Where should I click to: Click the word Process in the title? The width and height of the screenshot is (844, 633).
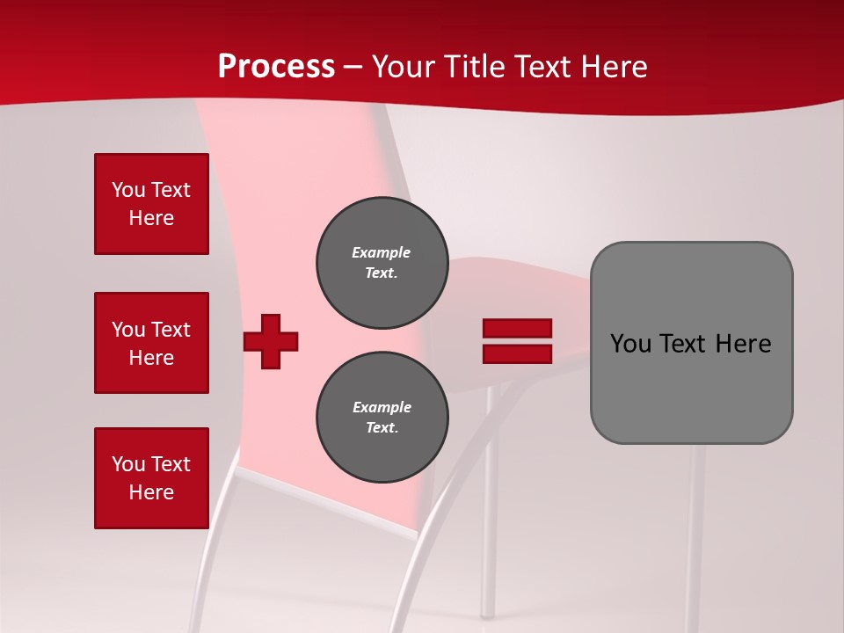[x=276, y=67]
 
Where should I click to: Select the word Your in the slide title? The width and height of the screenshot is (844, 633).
[x=404, y=67]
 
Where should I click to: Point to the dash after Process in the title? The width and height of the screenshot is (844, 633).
[x=353, y=68]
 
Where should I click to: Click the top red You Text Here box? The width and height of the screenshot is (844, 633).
[x=151, y=204]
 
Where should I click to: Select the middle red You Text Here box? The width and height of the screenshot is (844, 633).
[x=151, y=343]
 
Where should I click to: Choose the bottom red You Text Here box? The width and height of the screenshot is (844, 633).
[x=151, y=478]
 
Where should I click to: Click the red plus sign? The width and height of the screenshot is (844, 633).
[x=271, y=341]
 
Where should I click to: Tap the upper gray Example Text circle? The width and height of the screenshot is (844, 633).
[x=382, y=263]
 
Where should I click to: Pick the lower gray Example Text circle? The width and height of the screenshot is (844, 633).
[x=382, y=418]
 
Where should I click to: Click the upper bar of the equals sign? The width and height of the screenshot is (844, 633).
[x=517, y=329]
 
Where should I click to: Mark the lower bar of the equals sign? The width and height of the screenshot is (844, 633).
[x=517, y=354]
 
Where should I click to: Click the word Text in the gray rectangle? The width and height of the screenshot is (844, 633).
[x=682, y=344]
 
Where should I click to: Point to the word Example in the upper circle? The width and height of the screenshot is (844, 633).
[x=381, y=252]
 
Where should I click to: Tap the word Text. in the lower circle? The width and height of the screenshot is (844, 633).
[x=382, y=428]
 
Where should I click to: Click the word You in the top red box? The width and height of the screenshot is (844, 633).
[x=127, y=190]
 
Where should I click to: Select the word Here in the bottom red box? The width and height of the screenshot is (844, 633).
[x=151, y=492]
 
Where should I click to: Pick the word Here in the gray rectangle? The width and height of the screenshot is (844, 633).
[x=743, y=344]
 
